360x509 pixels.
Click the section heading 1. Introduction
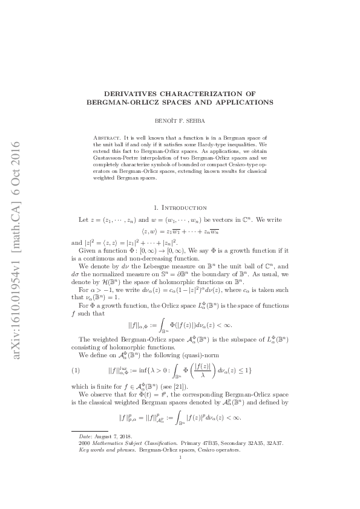[180, 207]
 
